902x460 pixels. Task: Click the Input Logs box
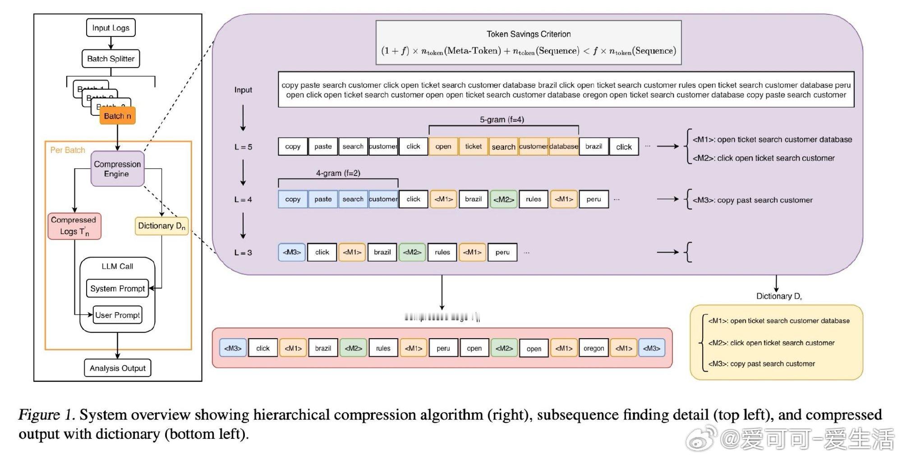110,28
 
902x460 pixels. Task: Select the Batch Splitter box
110,59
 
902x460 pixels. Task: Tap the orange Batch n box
117,116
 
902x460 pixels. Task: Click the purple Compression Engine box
117,169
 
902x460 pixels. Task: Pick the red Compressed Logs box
74,226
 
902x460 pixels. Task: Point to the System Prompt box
117,289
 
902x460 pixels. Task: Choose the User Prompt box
117,315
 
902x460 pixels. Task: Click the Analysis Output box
117,368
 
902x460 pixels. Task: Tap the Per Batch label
68,150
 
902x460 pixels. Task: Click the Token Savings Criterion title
529,34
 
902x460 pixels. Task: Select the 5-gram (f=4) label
502,120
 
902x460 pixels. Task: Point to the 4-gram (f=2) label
338,173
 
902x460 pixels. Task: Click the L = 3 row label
243,253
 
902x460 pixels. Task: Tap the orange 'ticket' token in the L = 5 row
473,147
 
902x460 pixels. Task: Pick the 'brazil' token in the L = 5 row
594,147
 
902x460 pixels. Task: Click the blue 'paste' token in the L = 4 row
323,199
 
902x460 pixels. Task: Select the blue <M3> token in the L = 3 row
291,252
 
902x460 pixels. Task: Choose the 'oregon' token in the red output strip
594,348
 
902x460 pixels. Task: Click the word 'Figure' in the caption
39,415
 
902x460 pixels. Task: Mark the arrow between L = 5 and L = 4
243,173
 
